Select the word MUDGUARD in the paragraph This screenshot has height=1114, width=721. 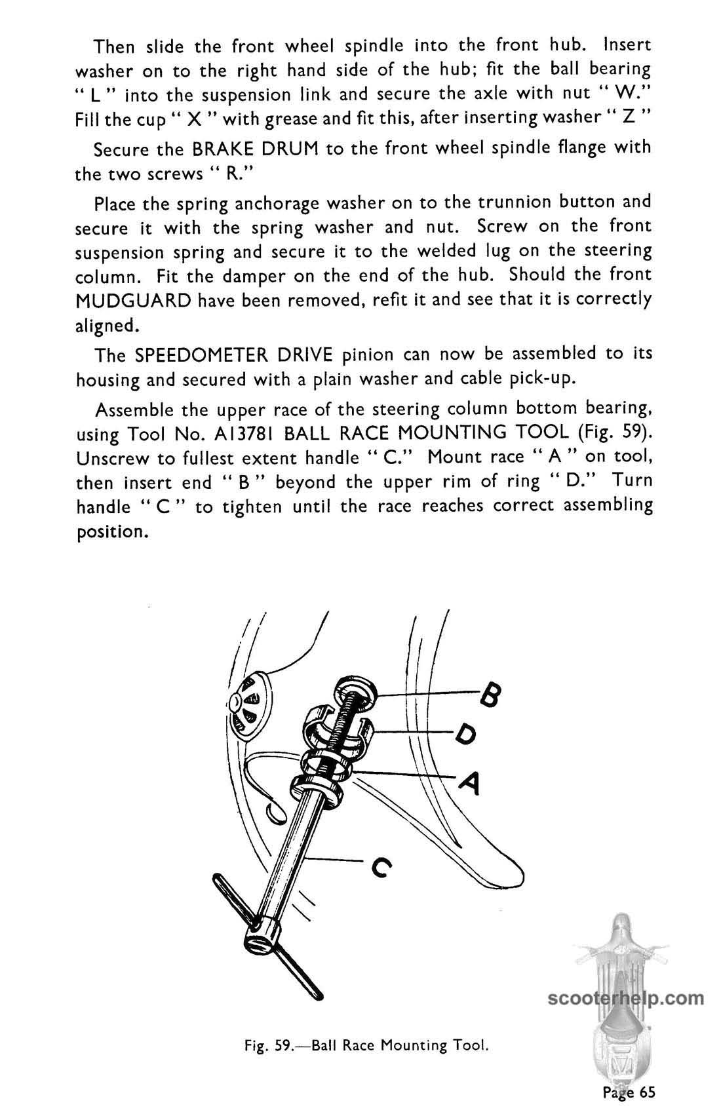(x=133, y=301)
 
